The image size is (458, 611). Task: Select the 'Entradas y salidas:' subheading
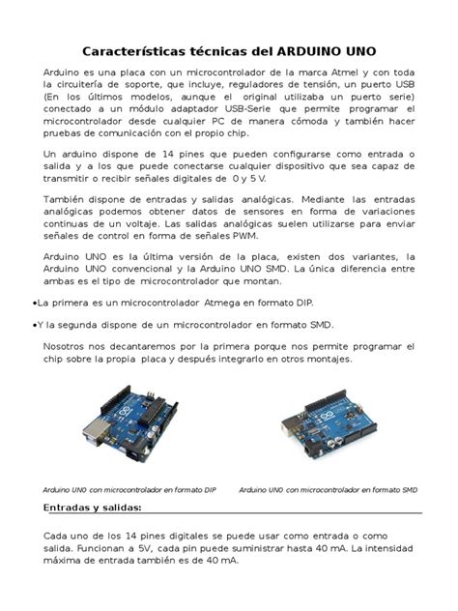pos(94,509)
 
